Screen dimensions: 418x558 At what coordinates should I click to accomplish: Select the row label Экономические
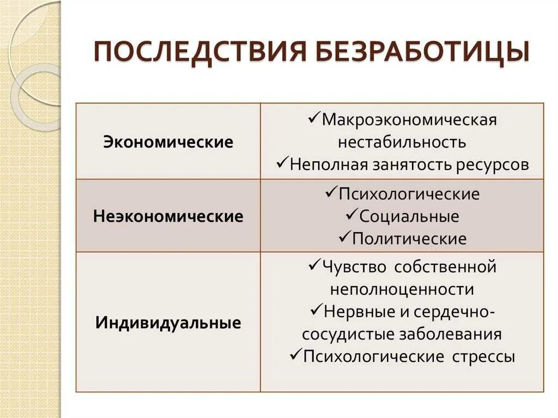[168, 143]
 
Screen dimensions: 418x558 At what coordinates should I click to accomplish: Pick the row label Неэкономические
[168, 216]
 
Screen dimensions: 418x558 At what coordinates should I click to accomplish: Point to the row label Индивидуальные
[168, 323]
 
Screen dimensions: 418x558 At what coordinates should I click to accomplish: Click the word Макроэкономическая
[409, 120]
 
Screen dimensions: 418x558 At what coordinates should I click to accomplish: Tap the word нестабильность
[402, 142]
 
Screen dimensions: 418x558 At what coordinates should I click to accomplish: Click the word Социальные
[409, 216]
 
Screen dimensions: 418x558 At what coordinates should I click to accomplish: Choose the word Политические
[409, 239]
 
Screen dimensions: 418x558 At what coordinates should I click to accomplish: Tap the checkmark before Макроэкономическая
[314, 118]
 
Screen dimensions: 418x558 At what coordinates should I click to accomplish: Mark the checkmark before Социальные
[351, 215]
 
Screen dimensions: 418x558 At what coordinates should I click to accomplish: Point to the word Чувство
[354, 267]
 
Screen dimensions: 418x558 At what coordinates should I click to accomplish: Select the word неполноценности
[402, 289]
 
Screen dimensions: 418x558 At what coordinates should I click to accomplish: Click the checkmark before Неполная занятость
[282, 163]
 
